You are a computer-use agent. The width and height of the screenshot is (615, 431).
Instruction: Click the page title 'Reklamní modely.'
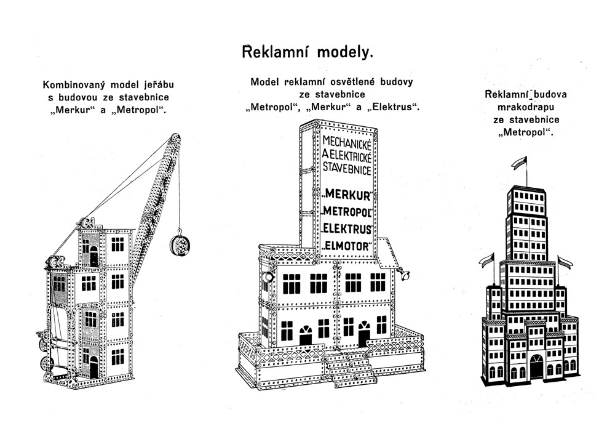[307, 52]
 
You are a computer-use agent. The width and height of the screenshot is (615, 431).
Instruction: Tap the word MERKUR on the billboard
[349, 196]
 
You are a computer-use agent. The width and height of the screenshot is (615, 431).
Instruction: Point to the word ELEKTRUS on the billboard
[349, 230]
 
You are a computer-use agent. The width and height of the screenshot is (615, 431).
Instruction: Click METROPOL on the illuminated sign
[349, 214]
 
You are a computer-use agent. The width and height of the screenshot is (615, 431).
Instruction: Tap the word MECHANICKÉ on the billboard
[348, 143]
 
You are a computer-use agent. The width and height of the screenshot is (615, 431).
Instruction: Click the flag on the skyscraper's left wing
[488, 258]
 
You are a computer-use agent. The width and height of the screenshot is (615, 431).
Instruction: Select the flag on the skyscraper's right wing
[564, 261]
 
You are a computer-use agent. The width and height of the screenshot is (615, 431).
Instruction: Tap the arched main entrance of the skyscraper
[537, 366]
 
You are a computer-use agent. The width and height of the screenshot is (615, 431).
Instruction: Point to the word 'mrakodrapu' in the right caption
[526, 107]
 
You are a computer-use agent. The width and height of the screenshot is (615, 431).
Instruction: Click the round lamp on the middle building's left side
[268, 278]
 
